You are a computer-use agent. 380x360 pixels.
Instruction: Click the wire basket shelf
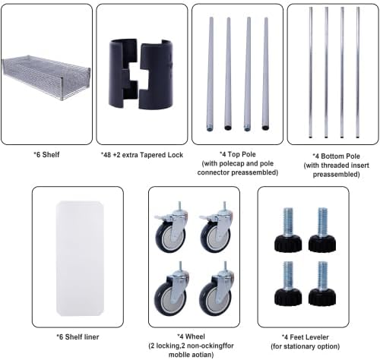tap(46, 77)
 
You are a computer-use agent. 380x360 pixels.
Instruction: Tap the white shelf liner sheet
tap(80, 258)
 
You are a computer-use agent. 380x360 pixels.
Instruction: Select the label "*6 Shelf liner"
tap(78, 337)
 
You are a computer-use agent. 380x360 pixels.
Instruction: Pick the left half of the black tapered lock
tap(122, 74)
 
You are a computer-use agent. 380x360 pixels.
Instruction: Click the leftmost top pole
tap(210, 74)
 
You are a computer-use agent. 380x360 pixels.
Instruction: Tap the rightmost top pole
tap(265, 74)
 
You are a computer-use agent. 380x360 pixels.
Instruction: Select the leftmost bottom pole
tap(311, 72)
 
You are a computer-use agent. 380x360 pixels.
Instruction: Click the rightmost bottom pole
tap(358, 72)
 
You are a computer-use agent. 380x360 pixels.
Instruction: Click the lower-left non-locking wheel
tap(170, 289)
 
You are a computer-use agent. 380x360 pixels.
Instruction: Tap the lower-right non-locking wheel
tap(216, 289)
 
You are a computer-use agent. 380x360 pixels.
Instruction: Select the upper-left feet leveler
tap(288, 230)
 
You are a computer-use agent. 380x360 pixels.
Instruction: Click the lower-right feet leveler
tap(322, 283)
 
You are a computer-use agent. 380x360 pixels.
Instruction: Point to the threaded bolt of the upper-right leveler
tap(322, 222)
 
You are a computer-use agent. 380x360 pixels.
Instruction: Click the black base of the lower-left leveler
tap(288, 297)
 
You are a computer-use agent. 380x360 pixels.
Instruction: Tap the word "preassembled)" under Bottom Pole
tap(336, 175)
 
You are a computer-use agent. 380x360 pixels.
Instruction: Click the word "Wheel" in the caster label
tap(195, 336)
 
